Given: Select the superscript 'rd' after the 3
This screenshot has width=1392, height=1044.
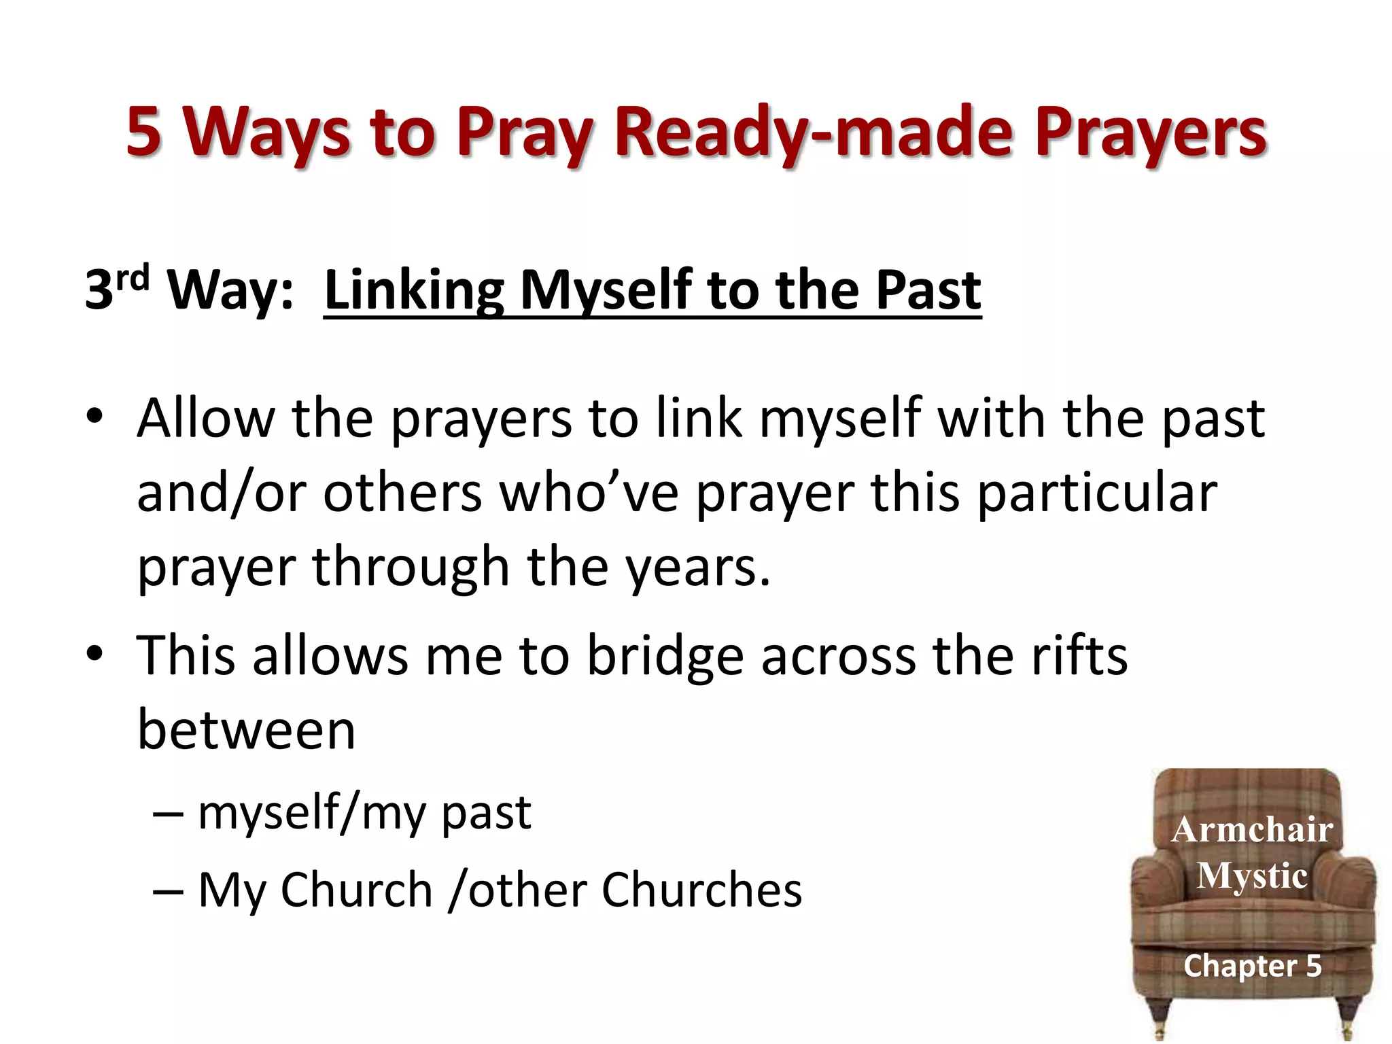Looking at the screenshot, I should (132, 279).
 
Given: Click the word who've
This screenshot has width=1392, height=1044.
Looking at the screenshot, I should (589, 493).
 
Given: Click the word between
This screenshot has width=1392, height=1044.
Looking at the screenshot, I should (246, 731).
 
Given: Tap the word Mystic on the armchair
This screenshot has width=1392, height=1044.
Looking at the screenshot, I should (1252, 875).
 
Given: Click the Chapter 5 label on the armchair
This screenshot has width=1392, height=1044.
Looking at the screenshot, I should (1252, 966).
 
